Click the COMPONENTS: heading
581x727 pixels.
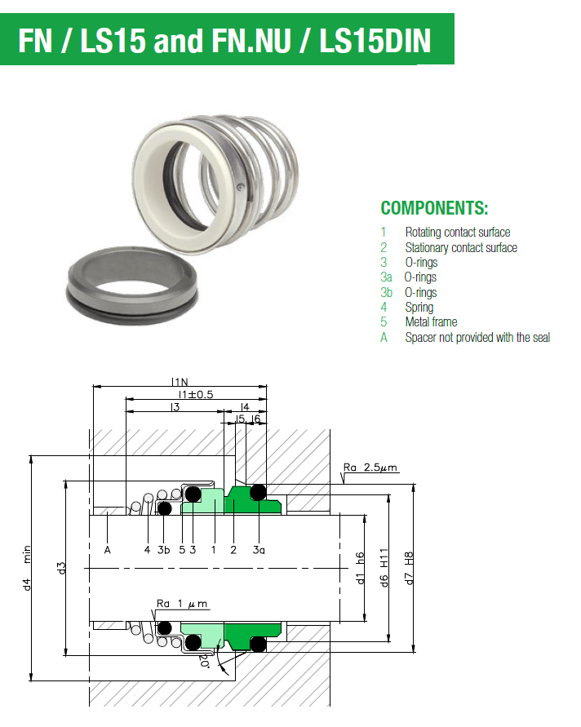[434, 207]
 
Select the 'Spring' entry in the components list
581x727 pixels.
[419, 307]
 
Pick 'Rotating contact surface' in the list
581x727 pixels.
[457, 233]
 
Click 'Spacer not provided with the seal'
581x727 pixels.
[477, 337]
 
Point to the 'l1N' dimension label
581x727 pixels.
[180, 381]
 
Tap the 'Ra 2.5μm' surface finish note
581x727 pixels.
[370, 468]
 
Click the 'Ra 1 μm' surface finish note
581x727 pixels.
[182, 604]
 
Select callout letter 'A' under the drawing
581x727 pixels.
[107, 549]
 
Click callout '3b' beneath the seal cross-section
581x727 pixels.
[164, 549]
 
